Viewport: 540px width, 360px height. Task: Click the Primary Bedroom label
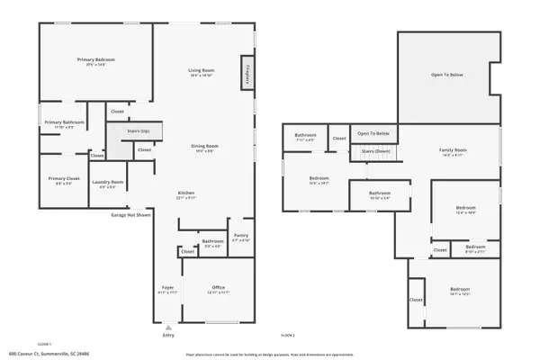point(96,60)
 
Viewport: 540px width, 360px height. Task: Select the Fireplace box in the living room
point(246,73)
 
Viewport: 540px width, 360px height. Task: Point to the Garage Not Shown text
point(130,216)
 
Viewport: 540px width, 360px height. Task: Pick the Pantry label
point(240,236)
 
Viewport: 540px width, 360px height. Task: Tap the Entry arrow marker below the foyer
point(168,326)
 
